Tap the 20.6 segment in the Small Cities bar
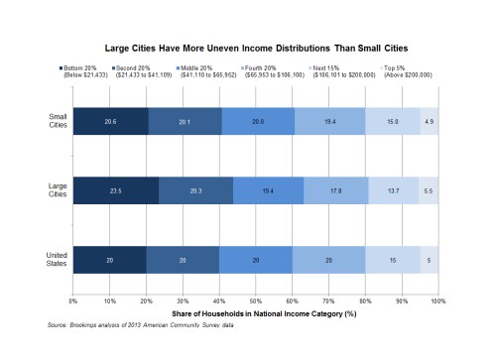tap(110, 120)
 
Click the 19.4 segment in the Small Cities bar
tap(329, 120)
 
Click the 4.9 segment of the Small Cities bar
tap(430, 120)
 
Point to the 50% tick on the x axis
tap(256, 300)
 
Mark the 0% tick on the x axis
tap(72, 300)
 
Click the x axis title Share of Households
tap(255, 312)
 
